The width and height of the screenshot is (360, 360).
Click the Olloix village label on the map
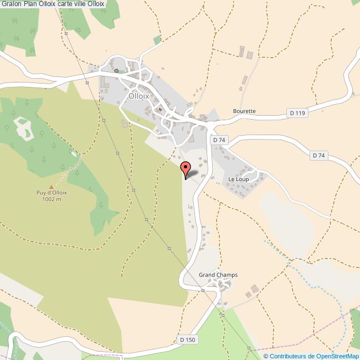pos(138,95)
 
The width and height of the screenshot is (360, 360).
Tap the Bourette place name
pos(244,111)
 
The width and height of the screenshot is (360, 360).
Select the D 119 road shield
pos(297,114)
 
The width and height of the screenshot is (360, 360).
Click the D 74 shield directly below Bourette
pos(219,141)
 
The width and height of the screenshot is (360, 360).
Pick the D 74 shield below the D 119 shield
pos(318,156)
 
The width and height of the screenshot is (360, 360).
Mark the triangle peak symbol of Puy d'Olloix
pos(52,187)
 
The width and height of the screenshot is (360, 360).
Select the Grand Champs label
pos(218,275)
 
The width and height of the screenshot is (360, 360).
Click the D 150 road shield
pos(187,340)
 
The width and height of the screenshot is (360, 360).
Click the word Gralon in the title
pos(11,4)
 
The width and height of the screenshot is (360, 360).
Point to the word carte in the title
pos(67,4)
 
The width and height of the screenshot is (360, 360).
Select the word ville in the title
pos(86,4)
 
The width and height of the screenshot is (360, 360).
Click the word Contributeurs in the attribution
pos(289,356)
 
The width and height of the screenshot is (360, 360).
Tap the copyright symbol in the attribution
pos(266,356)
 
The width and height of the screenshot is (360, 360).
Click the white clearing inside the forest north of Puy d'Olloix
pos(23,127)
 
